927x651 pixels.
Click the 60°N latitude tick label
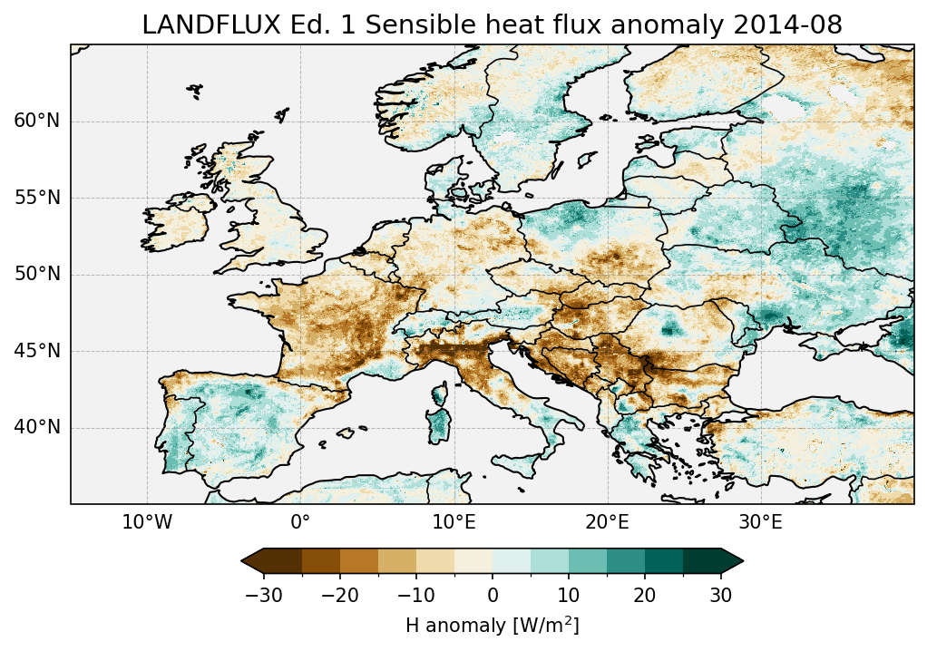click(37, 121)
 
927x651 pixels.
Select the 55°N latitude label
click(37, 198)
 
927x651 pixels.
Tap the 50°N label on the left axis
click(37, 275)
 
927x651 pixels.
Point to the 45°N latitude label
click(37, 351)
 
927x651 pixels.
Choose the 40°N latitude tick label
click(37, 427)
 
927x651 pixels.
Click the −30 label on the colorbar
click(263, 595)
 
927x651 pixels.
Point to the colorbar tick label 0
click(493, 595)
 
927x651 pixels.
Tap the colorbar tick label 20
click(645, 595)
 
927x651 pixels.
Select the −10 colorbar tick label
click(415, 595)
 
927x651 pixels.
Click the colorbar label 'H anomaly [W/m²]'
click(493, 625)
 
